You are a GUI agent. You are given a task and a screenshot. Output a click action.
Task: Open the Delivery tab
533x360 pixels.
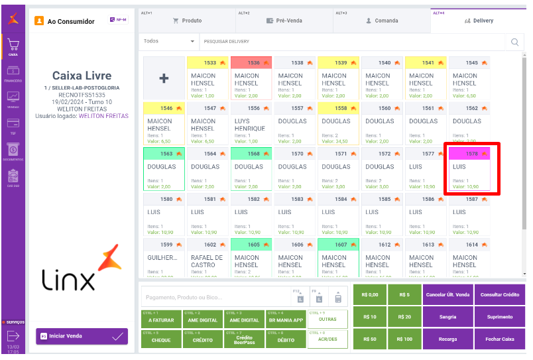478,21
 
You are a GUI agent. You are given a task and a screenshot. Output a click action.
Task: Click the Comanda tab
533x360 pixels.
382,21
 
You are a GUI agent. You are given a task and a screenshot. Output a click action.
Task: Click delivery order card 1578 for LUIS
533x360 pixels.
469,169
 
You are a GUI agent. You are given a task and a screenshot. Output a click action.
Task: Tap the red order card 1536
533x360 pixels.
251,78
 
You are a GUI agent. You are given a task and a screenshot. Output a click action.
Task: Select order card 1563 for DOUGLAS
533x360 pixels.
163,169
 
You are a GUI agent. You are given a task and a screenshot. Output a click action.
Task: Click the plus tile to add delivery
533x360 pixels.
164,78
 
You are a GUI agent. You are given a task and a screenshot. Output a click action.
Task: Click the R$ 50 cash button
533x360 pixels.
369,339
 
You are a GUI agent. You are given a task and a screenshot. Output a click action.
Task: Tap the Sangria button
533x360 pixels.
448,317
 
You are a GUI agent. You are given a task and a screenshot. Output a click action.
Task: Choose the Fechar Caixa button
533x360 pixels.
499,339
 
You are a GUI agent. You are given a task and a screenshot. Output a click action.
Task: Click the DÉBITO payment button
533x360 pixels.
285,339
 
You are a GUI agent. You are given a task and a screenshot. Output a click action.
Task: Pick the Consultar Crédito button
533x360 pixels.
499,294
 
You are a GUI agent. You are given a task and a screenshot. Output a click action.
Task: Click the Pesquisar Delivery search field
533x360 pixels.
351,42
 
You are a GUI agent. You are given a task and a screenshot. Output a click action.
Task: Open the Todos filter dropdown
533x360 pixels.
169,41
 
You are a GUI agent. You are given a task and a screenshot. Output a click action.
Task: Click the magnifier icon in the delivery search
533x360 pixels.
514,42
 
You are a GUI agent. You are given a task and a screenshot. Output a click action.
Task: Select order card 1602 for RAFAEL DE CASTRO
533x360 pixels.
207,261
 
